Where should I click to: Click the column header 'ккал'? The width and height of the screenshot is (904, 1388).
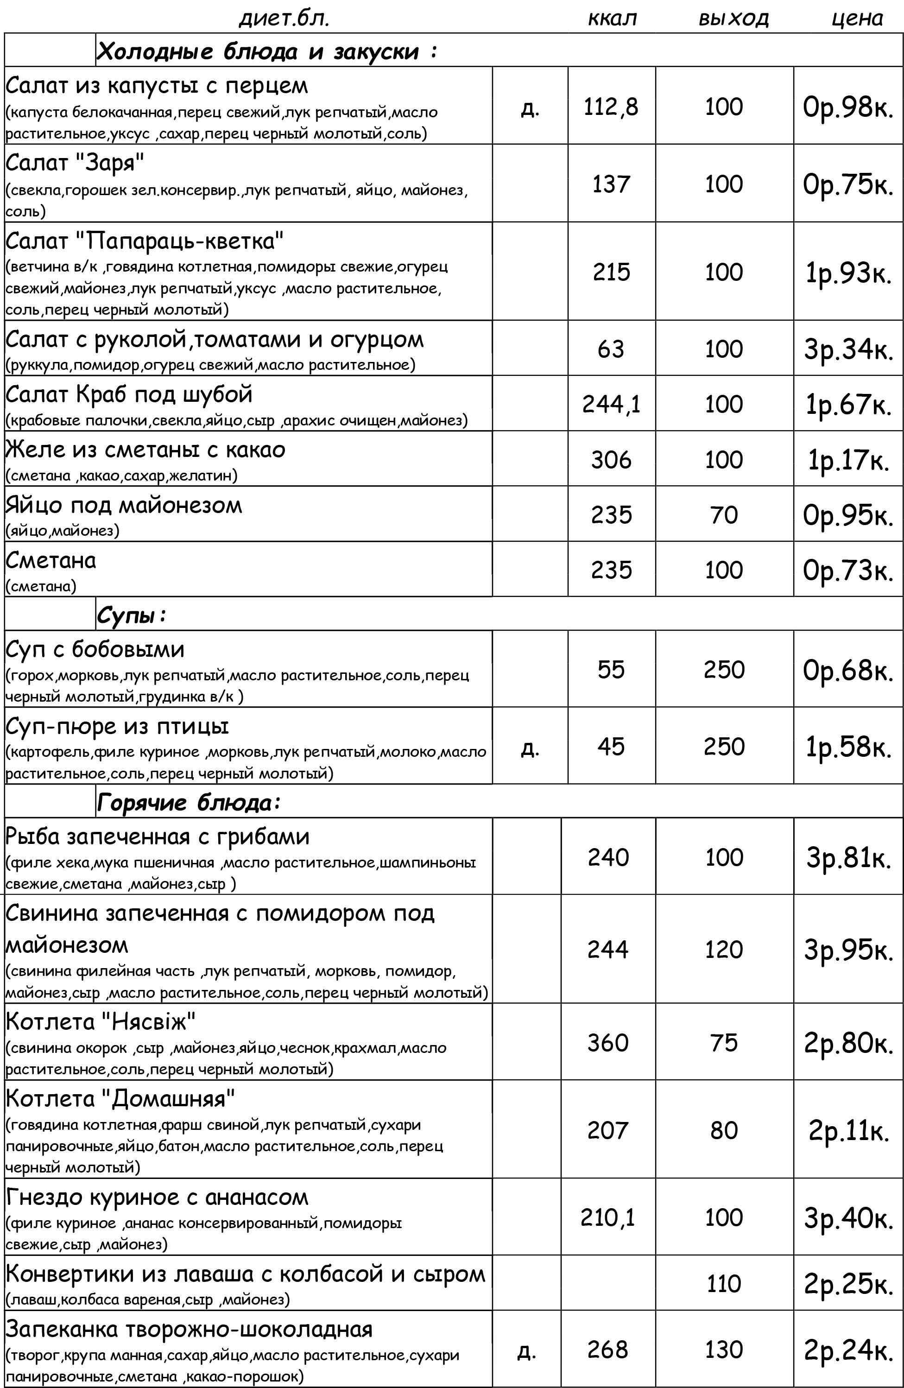pos(612,19)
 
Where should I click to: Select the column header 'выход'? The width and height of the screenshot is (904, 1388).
pos(733,19)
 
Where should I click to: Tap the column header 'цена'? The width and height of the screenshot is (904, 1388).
pos(856,19)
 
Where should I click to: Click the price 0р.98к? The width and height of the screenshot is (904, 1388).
pos(848,108)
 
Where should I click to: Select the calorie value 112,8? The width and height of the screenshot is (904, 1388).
pos(611,107)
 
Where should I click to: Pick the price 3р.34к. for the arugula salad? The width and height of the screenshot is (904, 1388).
pos(848,349)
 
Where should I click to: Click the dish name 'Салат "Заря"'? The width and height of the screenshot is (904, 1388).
pos(75,163)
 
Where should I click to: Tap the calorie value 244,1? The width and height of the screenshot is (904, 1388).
pos(611,404)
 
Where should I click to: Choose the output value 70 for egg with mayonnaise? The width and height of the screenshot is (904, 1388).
pos(724,515)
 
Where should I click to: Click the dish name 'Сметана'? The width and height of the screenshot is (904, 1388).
pos(51,560)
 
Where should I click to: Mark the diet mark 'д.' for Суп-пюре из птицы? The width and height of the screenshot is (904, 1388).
pos(530,747)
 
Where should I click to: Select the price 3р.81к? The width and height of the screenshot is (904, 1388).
pos(848,858)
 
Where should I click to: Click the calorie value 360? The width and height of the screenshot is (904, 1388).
pos(608,1043)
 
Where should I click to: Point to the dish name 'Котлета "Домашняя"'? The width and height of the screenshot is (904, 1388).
pos(120,1099)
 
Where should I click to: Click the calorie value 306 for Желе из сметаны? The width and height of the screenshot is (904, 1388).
pos(611,460)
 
